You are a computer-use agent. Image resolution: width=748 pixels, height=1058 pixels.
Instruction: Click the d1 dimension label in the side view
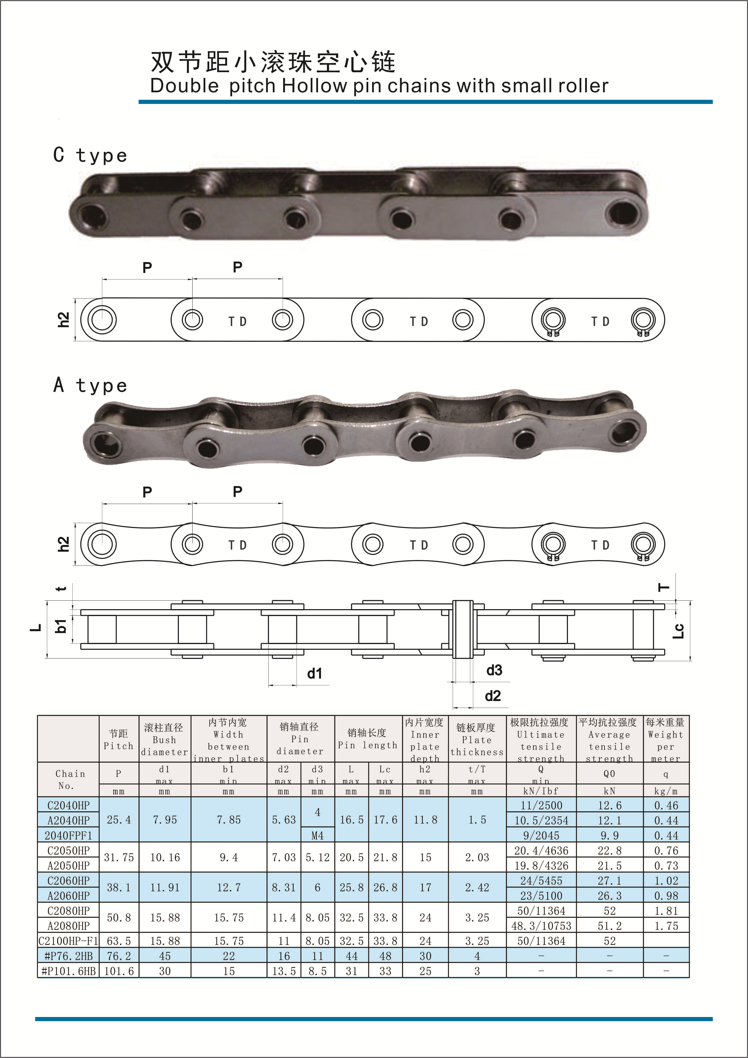point(315,674)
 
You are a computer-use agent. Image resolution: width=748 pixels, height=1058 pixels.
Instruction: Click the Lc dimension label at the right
point(678,631)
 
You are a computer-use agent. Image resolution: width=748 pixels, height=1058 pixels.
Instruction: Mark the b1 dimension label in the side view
point(61,626)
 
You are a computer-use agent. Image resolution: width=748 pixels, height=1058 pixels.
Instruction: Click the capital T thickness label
point(664,587)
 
